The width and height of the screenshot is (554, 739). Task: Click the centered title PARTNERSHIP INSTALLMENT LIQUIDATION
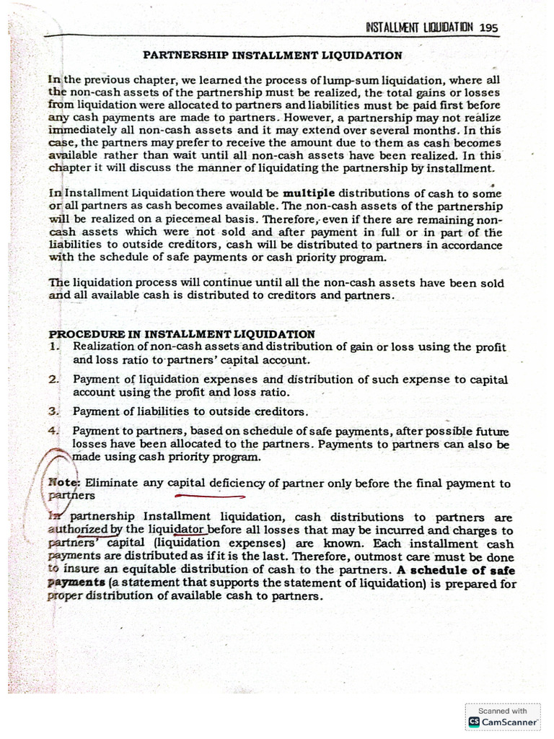tap(273, 55)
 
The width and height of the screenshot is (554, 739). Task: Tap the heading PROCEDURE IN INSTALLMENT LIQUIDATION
tap(181, 334)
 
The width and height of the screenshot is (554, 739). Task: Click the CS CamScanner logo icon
tap(475, 721)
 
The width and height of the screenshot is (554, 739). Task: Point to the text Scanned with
tap(503, 710)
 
